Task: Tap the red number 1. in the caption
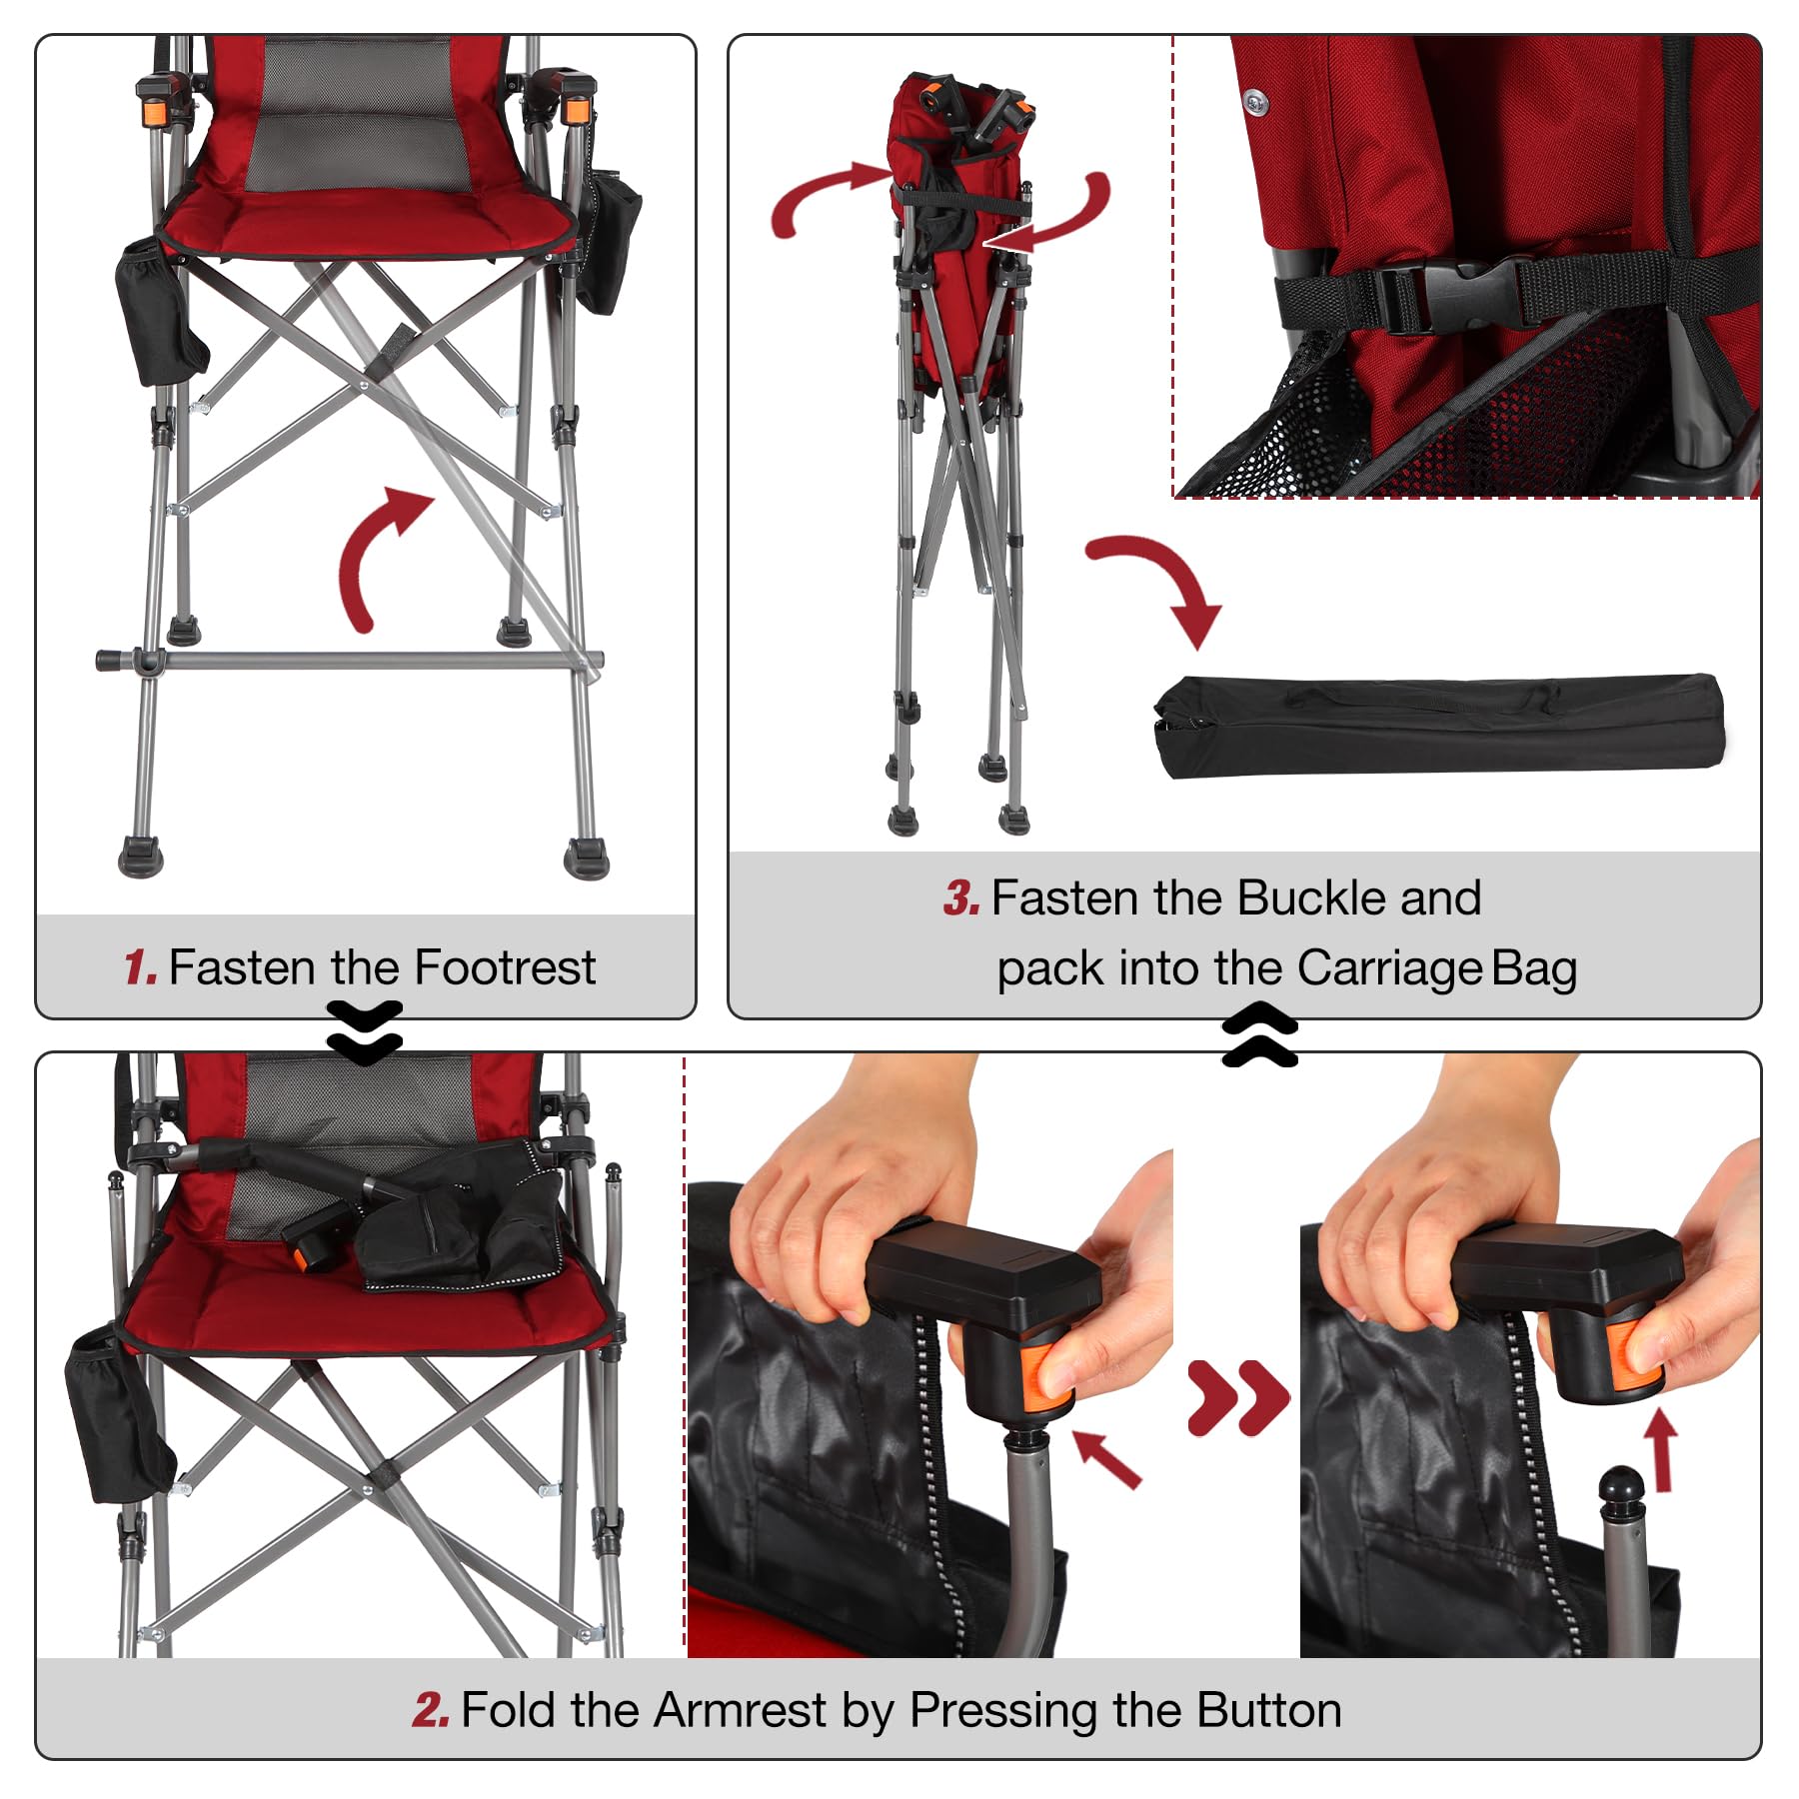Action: coord(141,967)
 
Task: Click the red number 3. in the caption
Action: coord(961,898)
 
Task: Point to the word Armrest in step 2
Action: coord(740,1710)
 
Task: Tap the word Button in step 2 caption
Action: coord(1268,1710)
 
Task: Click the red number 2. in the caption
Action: coord(431,1710)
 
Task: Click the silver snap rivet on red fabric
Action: coord(1256,100)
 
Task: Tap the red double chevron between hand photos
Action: coord(1237,1397)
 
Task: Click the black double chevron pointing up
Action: coord(1259,1036)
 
